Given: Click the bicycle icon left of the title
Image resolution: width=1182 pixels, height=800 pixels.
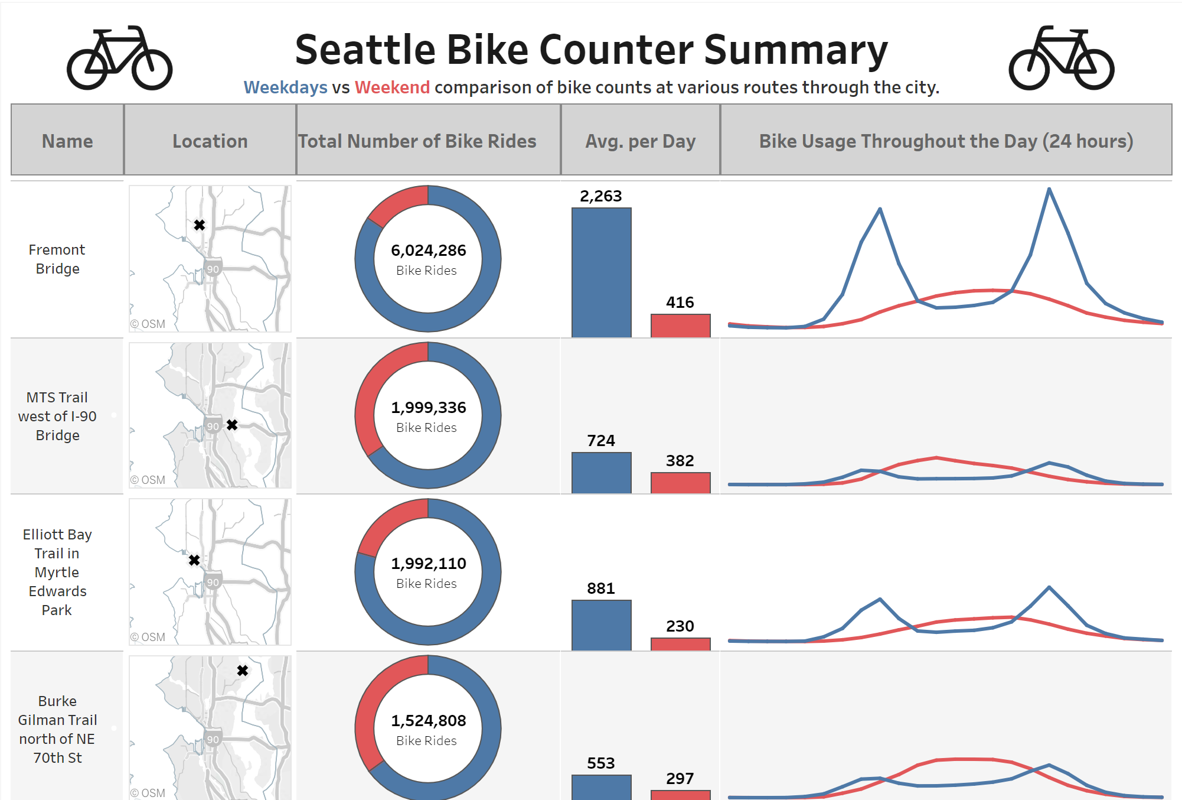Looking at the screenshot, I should coord(119,58).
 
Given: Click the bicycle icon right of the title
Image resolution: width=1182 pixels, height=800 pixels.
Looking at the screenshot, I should coord(1061,58).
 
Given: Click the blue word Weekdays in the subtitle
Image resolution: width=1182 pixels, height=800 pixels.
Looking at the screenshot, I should coord(285,87).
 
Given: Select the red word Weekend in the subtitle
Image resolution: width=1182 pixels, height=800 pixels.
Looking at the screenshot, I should coord(392,87).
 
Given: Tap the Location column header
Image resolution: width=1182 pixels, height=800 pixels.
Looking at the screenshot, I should coord(210,141).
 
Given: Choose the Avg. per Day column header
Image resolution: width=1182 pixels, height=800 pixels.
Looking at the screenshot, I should coord(640,141).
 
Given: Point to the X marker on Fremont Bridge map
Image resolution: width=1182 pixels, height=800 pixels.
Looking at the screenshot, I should coord(200,225).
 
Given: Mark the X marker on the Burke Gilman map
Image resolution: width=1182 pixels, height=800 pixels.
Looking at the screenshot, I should coord(243,671).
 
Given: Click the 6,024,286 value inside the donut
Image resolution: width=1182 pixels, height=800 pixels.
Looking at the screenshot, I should coord(428,251).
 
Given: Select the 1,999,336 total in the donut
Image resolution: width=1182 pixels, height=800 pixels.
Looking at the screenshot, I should coord(428,408).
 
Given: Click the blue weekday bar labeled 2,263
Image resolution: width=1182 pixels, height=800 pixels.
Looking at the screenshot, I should coord(601,272).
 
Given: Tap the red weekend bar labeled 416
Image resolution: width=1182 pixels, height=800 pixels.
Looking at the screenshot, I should coord(680,326).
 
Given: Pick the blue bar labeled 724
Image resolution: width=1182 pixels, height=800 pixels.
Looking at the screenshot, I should coord(601,473).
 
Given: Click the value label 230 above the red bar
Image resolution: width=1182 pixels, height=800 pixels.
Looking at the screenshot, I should coord(680,626).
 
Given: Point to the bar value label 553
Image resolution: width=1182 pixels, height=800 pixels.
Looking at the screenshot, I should coord(600,763).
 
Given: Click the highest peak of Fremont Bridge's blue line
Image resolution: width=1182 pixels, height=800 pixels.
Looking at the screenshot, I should coord(1049,189).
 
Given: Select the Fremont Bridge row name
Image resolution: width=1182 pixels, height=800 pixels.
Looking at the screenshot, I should coord(57,259).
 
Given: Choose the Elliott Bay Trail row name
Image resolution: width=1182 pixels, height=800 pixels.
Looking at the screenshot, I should coord(57,572).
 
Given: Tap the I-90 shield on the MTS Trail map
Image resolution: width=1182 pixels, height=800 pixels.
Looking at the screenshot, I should coord(213,426).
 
